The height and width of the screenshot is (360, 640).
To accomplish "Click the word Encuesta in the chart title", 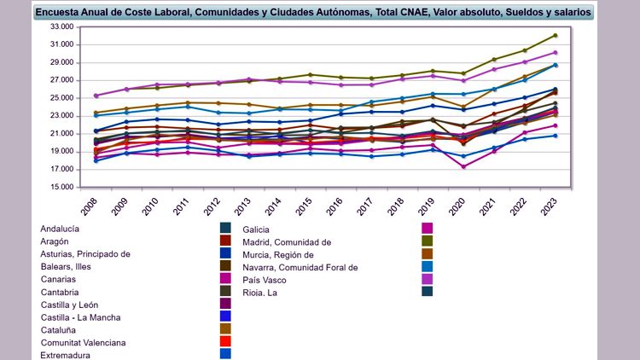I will tap(61, 14).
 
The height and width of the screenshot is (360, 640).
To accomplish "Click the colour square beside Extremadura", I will tap(225, 353).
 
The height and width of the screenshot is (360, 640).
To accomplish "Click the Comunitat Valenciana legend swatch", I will tap(225, 341).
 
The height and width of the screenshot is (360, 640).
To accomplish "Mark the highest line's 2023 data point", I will tap(555, 35).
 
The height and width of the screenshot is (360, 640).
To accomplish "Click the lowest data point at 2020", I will tap(463, 167).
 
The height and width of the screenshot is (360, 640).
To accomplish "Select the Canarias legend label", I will tap(58, 279).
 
